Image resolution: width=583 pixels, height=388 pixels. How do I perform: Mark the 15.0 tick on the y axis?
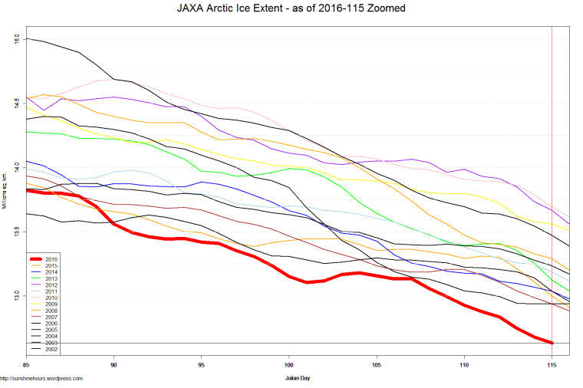pyautogui.click(x=17, y=38)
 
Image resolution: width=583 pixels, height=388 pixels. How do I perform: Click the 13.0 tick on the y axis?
pyautogui.click(x=17, y=295)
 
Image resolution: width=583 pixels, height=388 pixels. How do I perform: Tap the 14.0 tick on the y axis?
pyautogui.click(x=17, y=166)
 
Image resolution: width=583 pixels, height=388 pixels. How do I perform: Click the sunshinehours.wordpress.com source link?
pyautogui.click(x=41, y=379)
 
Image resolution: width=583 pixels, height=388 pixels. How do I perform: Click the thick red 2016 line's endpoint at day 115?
pyautogui.click(x=552, y=343)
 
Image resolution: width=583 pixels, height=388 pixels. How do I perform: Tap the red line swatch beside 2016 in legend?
pyautogui.click(x=37, y=259)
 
